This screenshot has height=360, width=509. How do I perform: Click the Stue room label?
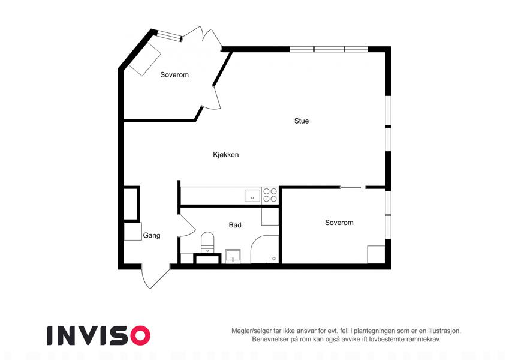(301, 121)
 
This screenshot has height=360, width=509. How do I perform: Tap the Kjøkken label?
(225, 155)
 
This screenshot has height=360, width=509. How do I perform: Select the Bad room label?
(235, 225)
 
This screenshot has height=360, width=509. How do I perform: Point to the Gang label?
(152, 235)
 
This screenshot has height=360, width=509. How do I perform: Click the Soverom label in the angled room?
(174, 75)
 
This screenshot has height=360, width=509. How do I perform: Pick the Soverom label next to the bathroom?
(339, 223)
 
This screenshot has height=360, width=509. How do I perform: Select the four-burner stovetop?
(270, 195)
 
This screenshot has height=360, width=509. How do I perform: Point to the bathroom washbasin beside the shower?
(233, 256)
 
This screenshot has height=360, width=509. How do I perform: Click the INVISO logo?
(98, 335)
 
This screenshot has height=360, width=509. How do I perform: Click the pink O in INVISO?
(140, 335)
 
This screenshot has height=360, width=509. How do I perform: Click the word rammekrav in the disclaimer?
(424, 340)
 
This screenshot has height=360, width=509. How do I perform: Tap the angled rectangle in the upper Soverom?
(144, 58)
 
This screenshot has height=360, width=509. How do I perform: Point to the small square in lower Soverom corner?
(377, 255)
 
